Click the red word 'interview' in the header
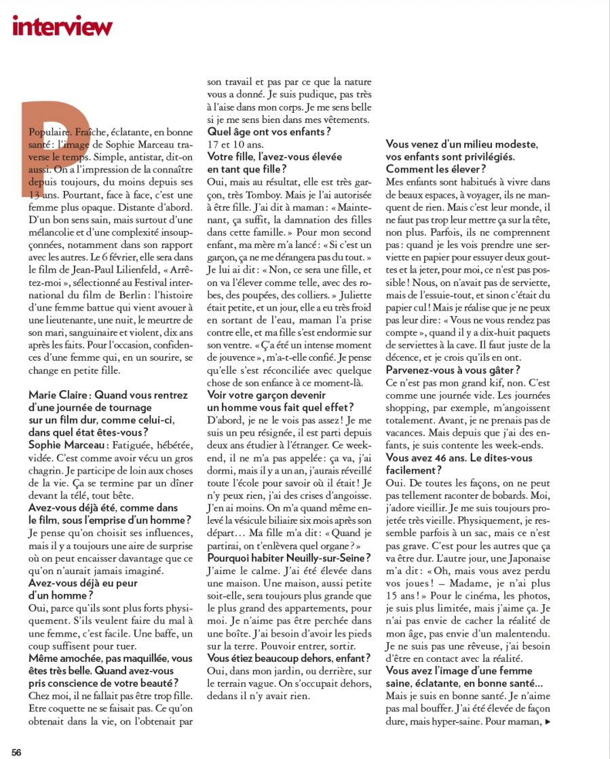tap(62, 25)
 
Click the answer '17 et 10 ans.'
tap(234, 144)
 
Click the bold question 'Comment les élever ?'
tap(435, 169)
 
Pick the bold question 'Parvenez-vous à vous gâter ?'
tap(453, 370)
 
